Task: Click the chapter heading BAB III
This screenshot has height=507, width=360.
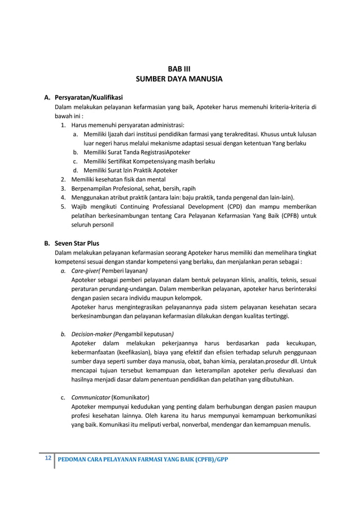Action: click(179, 68)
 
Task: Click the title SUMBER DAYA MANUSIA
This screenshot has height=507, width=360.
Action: click(179, 79)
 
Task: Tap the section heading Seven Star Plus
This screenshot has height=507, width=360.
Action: click(77, 243)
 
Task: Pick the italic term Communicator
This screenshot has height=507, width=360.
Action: click(91, 396)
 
